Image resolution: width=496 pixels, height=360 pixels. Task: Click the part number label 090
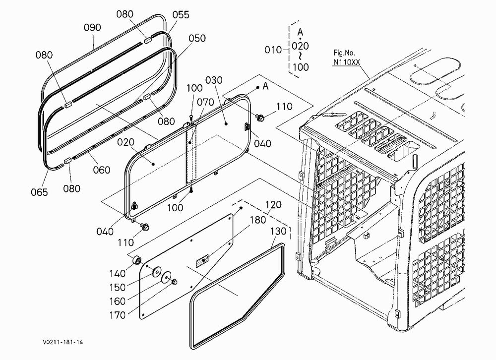(x=92, y=28)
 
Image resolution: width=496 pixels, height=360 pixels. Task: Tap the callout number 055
(x=181, y=14)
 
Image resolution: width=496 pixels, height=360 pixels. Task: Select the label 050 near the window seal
(x=197, y=38)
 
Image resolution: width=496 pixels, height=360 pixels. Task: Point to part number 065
(x=39, y=192)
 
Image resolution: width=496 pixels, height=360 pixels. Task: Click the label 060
(x=102, y=170)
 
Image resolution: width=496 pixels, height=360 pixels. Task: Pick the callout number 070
(x=206, y=102)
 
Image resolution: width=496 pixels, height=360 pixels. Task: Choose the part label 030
(x=214, y=80)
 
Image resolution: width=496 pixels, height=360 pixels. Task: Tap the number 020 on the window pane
(x=125, y=142)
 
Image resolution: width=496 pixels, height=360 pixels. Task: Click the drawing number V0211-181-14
(x=63, y=342)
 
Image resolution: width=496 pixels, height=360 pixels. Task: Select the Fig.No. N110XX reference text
(x=346, y=58)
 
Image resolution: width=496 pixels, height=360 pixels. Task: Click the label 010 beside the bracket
(x=273, y=50)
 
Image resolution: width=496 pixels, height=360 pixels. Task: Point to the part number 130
(x=278, y=231)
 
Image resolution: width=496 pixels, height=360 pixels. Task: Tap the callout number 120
(x=273, y=205)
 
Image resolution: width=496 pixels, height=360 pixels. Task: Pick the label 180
(x=258, y=220)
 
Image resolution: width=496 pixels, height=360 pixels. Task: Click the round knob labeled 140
(x=137, y=261)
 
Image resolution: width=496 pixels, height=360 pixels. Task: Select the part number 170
(x=118, y=315)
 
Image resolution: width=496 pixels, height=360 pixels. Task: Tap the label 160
(x=118, y=301)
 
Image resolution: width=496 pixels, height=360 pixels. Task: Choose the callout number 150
(x=118, y=287)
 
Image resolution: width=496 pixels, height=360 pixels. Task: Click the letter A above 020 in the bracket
(x=300, y=32)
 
